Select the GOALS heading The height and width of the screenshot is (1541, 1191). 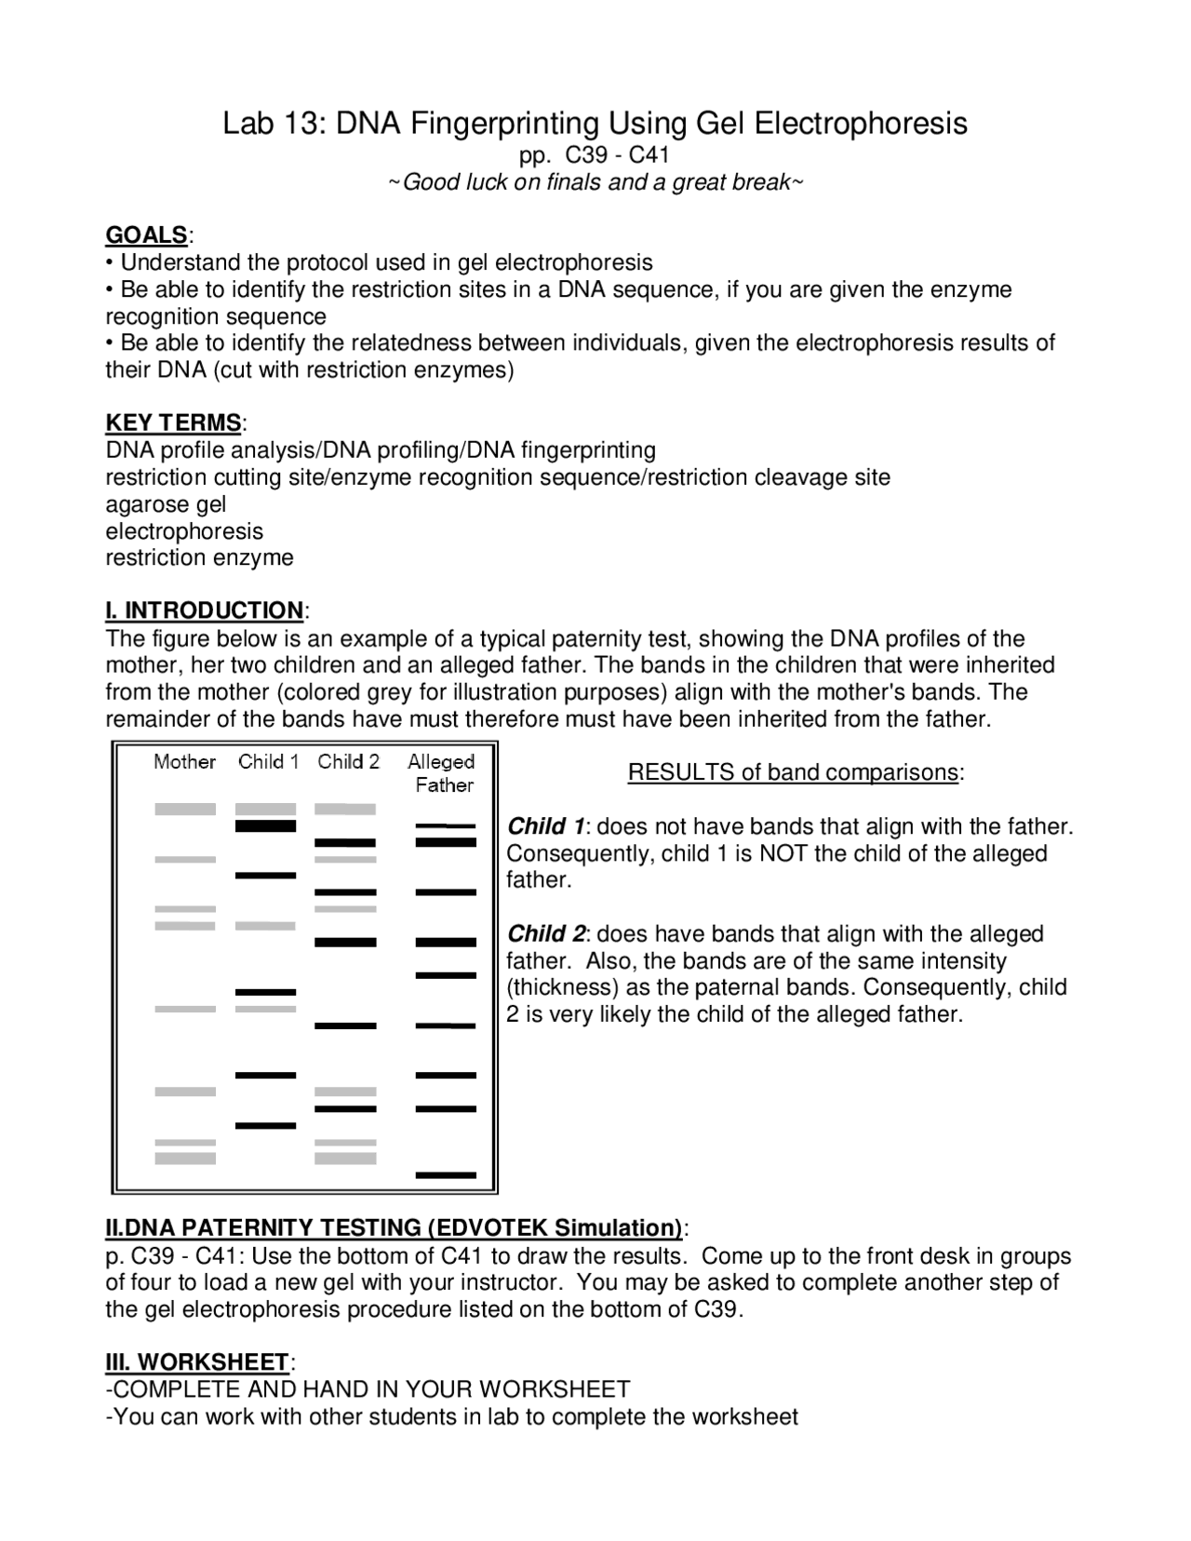[147, 234]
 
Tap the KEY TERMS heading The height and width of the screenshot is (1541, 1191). [173, 422]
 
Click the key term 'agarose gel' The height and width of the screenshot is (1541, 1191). [166, 504]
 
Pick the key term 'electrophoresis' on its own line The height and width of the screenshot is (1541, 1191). [184, 531]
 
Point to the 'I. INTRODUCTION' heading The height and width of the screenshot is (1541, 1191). [204, 610]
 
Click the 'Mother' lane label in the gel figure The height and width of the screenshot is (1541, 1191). [184, 762]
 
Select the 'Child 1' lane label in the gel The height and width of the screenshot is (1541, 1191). [268, 762]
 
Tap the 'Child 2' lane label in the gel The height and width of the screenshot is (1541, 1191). [348, 762]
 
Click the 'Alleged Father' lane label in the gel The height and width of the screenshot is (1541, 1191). [442, 772]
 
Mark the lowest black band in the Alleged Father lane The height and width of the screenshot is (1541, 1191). [445, 1175]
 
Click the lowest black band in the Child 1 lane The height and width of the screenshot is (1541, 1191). [265, 1126]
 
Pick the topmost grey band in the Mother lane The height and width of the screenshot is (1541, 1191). [184, 810]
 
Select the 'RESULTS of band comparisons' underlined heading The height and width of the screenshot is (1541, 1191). [794, 772]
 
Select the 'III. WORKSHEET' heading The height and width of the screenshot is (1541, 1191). [197, 1362]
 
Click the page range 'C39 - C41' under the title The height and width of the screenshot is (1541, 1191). [618, 154]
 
